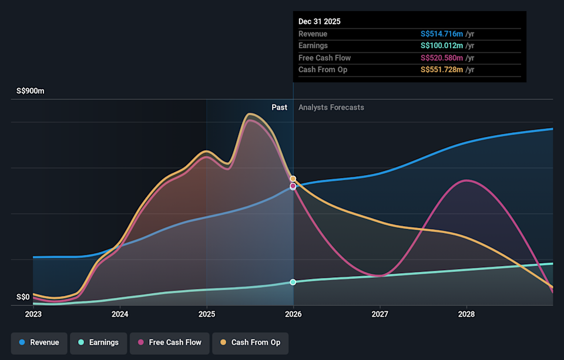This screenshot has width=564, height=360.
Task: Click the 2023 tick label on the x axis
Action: [33, 314]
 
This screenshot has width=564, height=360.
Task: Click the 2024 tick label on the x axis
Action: [120, 314]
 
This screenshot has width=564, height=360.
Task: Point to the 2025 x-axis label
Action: [207, 314]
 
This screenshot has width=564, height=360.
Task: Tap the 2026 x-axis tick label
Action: [293, 314]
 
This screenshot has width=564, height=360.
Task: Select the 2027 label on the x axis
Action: [380, 314]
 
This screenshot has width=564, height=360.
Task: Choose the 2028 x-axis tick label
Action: [466, 314]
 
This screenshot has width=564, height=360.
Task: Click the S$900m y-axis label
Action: [30, 92]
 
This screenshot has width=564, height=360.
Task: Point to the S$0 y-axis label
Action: [23, 297]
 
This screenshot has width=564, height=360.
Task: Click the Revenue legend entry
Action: [39, 342]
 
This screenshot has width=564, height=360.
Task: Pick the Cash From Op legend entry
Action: [250, 342]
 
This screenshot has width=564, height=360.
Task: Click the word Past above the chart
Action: [279, 107]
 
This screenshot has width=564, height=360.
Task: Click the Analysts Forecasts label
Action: [331, 107]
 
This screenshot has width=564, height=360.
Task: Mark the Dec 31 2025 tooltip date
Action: [320, 21]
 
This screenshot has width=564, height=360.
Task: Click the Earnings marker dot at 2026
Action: [293, 282]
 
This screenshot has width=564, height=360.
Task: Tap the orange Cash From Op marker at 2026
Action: [293, 179]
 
